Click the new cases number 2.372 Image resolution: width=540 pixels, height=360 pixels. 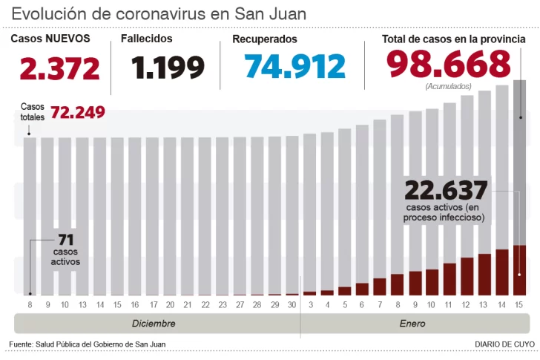(60, 68)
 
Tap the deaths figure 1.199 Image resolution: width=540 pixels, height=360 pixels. (168, 68)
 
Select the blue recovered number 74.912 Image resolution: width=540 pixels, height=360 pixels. (294, 67)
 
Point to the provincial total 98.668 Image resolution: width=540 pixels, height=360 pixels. (448, 64)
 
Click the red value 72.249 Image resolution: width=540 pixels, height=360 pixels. (77, 112)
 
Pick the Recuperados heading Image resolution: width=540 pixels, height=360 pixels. (265, 39)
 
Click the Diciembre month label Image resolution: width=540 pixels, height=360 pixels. (154, 324)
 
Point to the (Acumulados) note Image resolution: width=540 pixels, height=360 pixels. (448, 87)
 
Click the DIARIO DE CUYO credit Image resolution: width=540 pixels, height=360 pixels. (504, 344)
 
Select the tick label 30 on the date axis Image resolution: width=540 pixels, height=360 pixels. (292, 305)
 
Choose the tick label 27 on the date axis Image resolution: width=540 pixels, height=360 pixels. (240, 305)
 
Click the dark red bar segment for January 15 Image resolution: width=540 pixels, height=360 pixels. (520, 270)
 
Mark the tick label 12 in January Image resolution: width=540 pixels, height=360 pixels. (467, 305)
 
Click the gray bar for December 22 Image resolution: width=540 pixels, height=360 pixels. (205, 215)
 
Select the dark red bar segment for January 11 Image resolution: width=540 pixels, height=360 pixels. (450, 279)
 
